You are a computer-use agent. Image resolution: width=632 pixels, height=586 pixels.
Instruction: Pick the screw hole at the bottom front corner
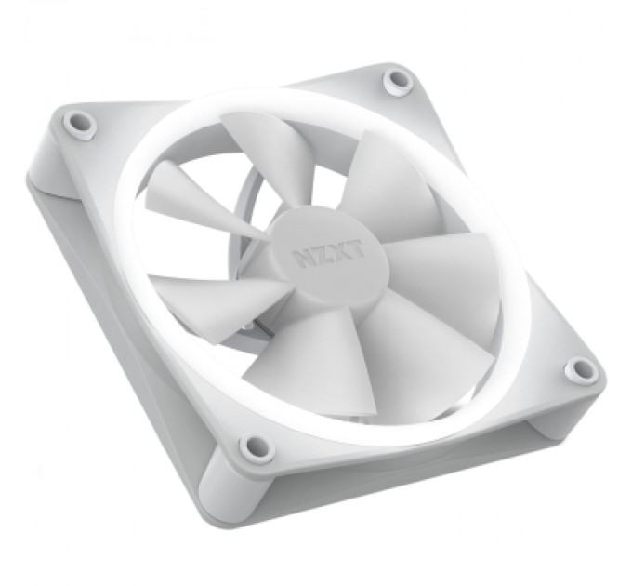[254, 448]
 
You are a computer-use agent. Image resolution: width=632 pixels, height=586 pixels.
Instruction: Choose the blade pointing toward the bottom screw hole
[279, 363]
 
